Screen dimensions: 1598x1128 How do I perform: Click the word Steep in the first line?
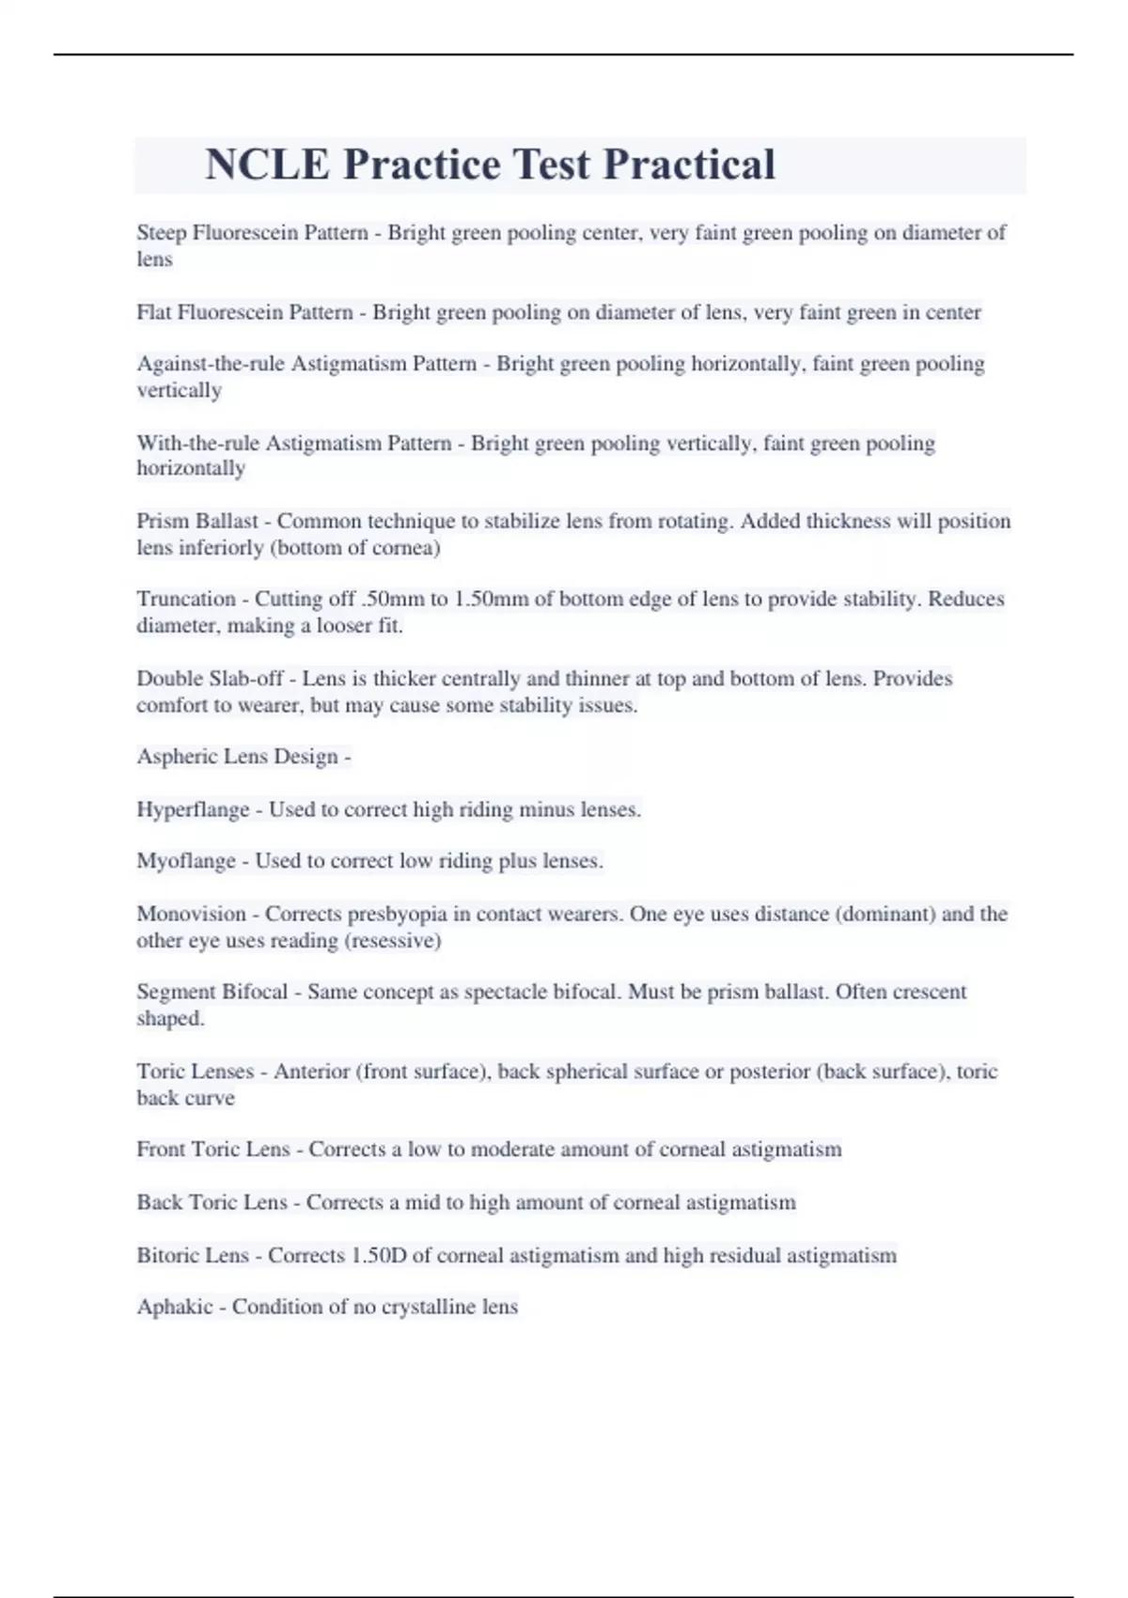[162, 232]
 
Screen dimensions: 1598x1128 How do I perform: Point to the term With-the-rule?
[197, 443]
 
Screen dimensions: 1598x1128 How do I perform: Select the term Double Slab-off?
[210, 679]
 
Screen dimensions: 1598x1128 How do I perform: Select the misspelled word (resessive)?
[393, 940]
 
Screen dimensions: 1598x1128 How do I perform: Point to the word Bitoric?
[165, 1256]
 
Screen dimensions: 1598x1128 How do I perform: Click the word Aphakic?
[174, 1307]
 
